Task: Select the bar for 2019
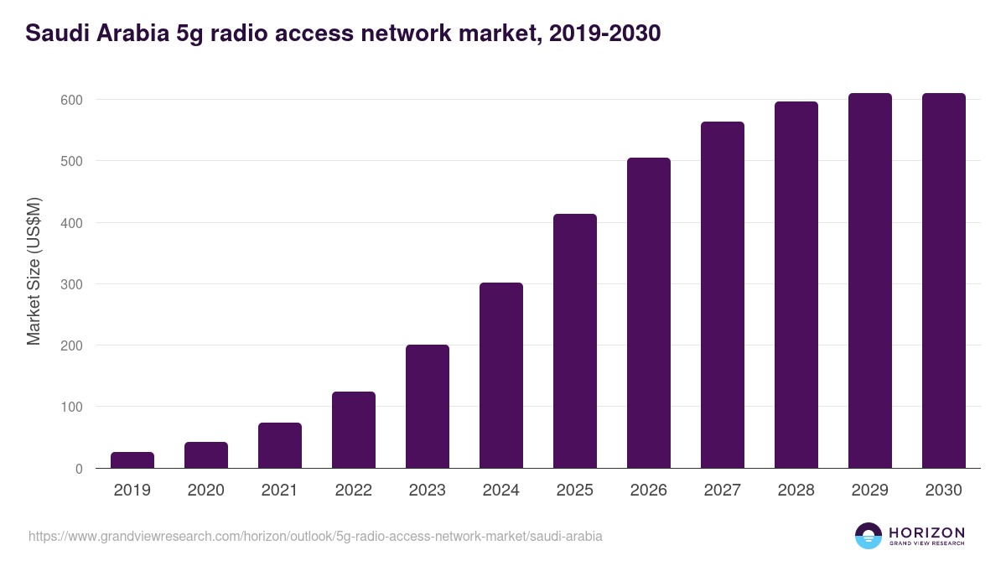click(x=132, y=460)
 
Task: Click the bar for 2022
click(x=354, y=430)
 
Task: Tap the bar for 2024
click(x=501, y=376)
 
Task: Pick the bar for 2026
click(x=649, y=313)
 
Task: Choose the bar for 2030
click(x=944, y=281)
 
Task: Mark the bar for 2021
click(x=280, y=445)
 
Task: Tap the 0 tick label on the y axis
click(x=79, y=469)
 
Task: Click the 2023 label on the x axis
click(x=428, y=491)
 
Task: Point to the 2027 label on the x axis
click(x=723, y=491)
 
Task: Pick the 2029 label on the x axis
click(x=870, y=491)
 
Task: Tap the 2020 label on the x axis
click(x=206, y=491)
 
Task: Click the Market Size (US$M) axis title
click(x=34, y=271)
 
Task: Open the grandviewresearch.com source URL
click(x=315, y=536)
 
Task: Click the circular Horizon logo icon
click(x=869, y=536)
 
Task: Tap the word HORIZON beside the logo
click(x=926, y=532)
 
